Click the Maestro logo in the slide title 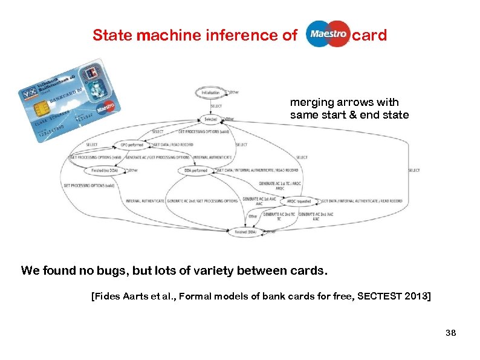[x=328, y=34]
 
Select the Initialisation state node [x=210, y=92]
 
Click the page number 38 [x=450, y=333]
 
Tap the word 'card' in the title [x=369, y=35]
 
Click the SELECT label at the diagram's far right [x=414, y=171]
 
